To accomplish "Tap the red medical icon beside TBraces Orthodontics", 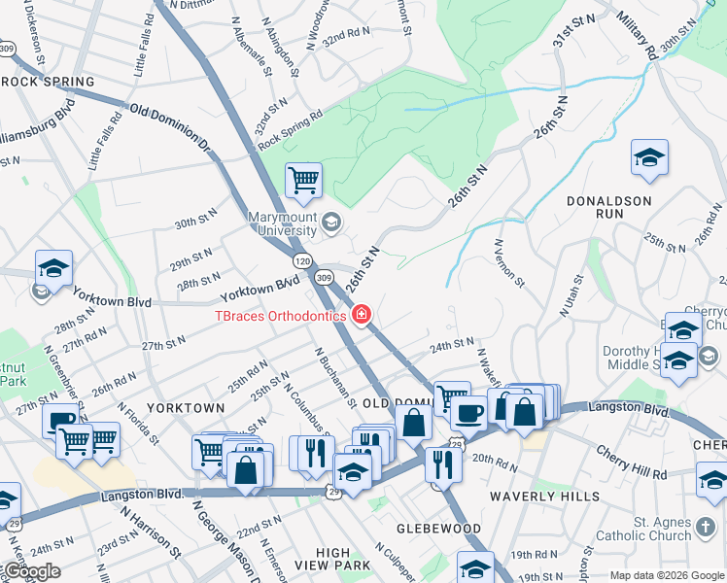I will click(x=362, y=314).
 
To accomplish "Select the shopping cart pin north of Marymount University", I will click(x=303, y=180).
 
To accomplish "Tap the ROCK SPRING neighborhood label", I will click(x=48, y=82).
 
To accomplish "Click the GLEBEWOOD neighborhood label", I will click(x=438, y=529).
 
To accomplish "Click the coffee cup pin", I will click(x=468, y=412).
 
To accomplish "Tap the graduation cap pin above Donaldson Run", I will click(x=649, y=158).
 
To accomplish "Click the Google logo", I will click(x=31, y=571).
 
